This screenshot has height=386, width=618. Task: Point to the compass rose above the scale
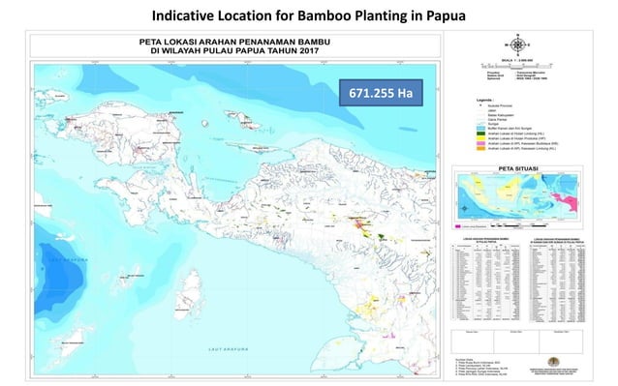point(518,45)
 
